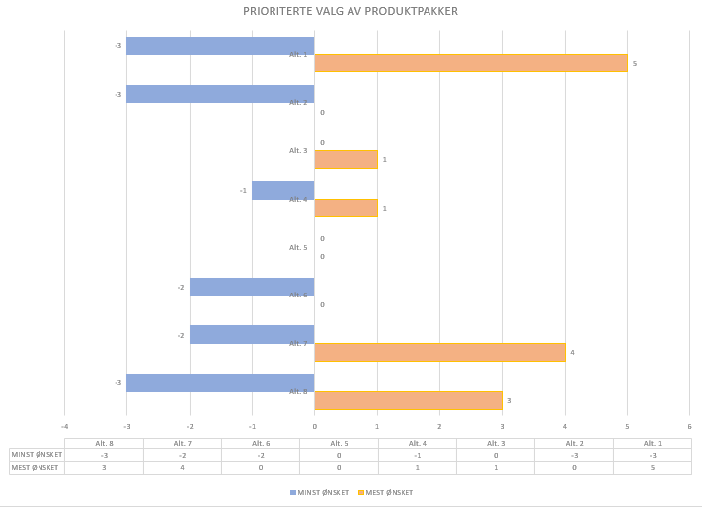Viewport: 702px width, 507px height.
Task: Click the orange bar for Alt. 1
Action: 470,63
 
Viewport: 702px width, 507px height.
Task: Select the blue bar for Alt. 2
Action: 220,94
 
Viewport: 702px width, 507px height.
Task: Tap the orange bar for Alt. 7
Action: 439,352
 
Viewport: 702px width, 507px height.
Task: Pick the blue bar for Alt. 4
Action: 282,190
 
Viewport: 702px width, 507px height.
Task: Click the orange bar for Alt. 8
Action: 408,400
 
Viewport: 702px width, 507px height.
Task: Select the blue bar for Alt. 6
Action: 252,287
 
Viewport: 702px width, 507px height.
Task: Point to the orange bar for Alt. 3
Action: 346,159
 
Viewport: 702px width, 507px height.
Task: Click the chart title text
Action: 351,11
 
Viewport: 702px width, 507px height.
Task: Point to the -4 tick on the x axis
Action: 64,426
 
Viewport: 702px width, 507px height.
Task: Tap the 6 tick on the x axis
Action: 689,426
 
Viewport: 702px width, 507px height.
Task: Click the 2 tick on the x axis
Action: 439,426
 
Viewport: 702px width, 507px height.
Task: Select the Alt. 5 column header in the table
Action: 339,444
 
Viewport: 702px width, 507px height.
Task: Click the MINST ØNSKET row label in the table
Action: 37,455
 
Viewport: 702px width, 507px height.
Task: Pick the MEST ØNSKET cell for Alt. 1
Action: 652,467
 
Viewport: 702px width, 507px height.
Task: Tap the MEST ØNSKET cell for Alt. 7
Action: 183,467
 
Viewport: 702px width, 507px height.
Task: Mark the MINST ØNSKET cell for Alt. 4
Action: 417,455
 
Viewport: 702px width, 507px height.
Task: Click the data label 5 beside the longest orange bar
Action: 635,63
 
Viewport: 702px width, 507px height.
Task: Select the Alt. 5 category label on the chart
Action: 298,247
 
